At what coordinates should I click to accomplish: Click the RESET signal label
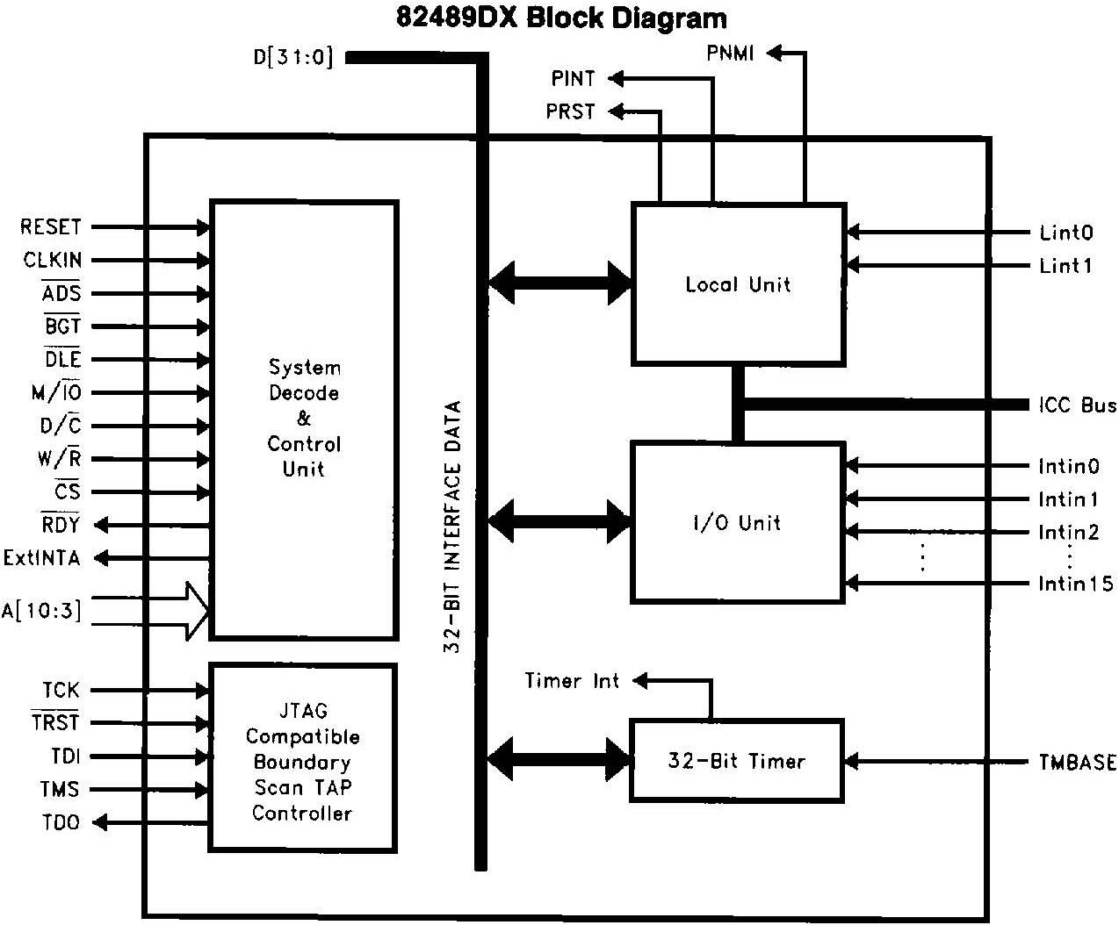(51, 227)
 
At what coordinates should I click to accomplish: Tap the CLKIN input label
(53, 261)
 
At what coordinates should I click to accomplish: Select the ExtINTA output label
(42, 558)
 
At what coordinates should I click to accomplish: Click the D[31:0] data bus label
(293, 58)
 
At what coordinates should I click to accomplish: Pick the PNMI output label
(730, 54)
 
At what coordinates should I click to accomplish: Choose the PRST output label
(570, 111)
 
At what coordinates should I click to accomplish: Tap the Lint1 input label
(1065, 266)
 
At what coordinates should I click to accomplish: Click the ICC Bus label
(1077, 405)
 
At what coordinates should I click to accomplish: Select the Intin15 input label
(1075, 584)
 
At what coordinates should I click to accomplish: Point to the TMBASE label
(1077, 762)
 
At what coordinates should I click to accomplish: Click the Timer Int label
(572, 681)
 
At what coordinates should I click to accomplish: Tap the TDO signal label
(61, 823)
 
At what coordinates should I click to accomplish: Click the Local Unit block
(738, 284)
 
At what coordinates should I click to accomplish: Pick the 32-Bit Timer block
(737, 761)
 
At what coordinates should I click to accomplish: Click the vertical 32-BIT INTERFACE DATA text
(452, 527)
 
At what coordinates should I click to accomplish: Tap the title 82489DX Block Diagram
(561, 18)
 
